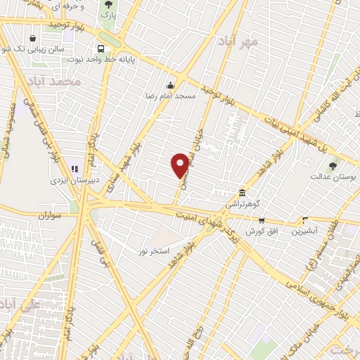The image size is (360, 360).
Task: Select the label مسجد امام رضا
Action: (x=169, y=94)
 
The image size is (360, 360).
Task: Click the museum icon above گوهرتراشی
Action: (x=243, y=192)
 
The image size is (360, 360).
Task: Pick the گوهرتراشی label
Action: (x=243, y=203)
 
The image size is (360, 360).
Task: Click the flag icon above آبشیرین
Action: (x=304, y=219)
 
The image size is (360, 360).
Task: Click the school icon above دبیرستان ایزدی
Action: (x=74, y=169)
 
